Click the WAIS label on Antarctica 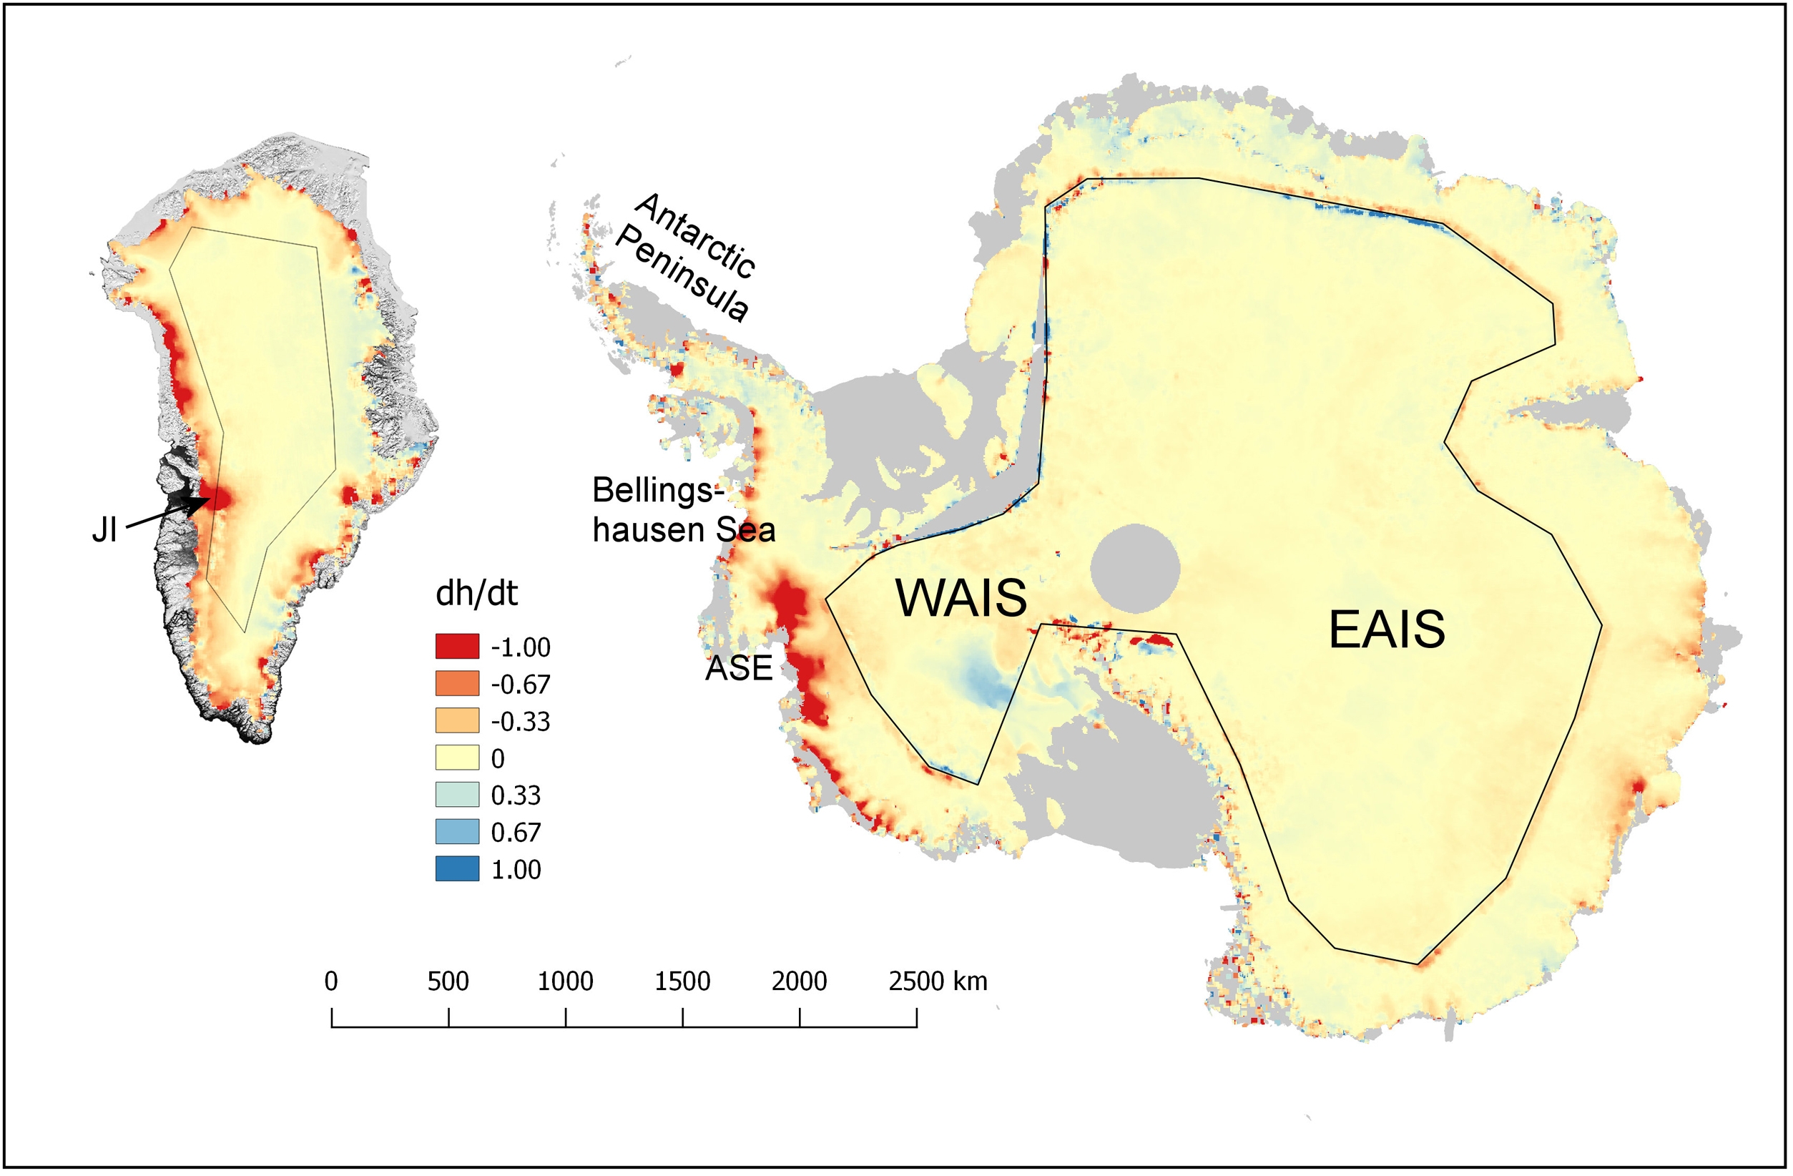point(961,598)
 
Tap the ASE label point(738,668)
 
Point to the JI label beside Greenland point(104,531)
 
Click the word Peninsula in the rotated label point(682,275)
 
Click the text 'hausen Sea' point(683,529)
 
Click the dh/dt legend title point(476,594)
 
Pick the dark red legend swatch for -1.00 point(456,647)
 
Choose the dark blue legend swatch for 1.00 point(456,868)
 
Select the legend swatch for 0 point(456,758)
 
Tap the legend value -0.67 point(520,684)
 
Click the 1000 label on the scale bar point(565,981)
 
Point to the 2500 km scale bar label point(937,981)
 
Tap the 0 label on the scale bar point(330,981)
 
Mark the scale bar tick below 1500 point(682,1017)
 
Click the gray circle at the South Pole point(1134,569)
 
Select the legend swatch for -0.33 point(456,721)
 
